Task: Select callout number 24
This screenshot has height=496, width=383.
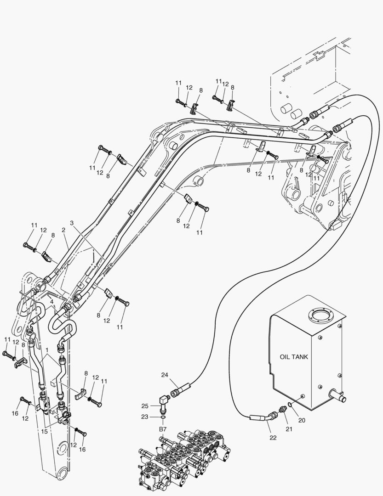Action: coord(165,375)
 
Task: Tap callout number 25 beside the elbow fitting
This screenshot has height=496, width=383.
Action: coord(145,406)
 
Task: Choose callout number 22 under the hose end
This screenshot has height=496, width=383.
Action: coord(273,438)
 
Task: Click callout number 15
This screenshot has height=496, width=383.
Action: coord(44,431)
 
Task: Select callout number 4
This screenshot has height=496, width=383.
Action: coord(52,302)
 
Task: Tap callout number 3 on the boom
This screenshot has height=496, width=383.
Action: coord(72,223)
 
